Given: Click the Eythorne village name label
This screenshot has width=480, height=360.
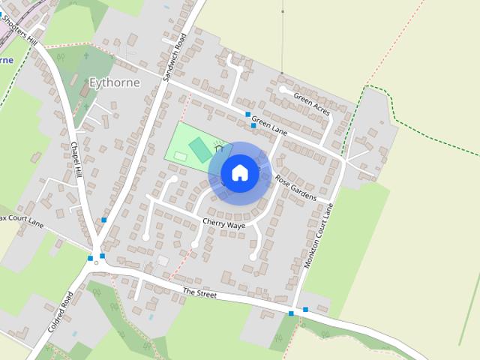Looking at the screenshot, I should click(114, 82).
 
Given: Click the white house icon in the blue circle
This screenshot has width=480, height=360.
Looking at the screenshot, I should click(239, 173).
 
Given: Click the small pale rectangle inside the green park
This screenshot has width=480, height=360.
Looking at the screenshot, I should click(181, 156).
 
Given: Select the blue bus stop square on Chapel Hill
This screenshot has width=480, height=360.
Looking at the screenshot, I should click(104, 220).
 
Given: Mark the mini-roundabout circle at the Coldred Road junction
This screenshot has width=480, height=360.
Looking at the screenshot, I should click(96, 262).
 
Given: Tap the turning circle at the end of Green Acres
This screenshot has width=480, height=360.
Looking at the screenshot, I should click(282, 89).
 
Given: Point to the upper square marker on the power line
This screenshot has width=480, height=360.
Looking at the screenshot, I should click(283, 12).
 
